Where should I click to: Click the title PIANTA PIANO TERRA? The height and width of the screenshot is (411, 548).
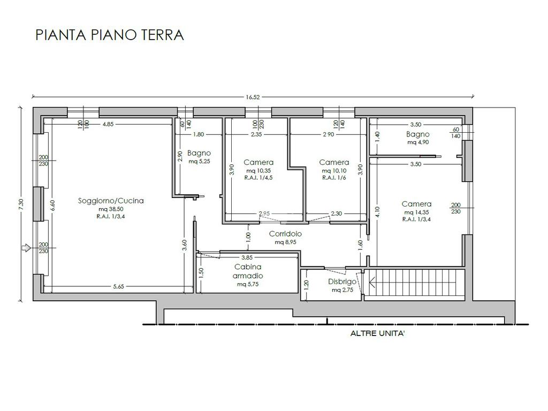pos(110,35)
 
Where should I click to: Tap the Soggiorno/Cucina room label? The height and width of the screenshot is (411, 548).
pos(111,201)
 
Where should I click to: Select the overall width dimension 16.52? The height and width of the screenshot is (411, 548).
pos(253,97)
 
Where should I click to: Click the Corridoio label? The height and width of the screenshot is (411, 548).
pos(285,234)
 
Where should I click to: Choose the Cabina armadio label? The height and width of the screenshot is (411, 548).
pos(248,271)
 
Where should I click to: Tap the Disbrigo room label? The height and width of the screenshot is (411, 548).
pos(342,281)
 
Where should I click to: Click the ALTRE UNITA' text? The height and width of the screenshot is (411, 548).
pos(377,333)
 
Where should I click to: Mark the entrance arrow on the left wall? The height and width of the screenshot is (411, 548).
pos(26,248)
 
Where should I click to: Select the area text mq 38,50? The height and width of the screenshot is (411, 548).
pos(111,209)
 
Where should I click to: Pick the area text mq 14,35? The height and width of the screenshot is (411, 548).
pos(416,212)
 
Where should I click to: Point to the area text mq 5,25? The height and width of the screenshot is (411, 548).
pos(199,162)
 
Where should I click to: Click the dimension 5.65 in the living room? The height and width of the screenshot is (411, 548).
pos(118,287)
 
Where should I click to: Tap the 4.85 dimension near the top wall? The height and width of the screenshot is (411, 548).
pos(108,124)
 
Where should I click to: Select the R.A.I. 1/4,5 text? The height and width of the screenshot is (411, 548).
pos(258,178)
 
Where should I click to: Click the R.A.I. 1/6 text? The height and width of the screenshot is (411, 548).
pos(334,178)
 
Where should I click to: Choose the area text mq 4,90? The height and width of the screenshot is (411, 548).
pos(418,142)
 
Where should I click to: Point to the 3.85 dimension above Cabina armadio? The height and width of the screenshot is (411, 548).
pos(247,257)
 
